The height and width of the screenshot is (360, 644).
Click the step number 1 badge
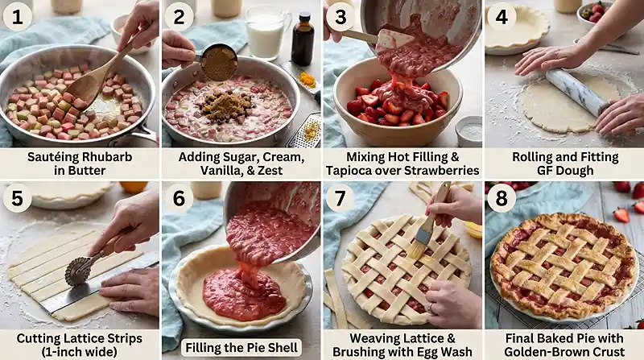tap(17, 17)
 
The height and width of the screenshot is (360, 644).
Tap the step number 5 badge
tap(17, 198)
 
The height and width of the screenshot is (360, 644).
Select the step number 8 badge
tap(502, 198)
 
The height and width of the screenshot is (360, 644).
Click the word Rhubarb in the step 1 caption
tap(107, 157)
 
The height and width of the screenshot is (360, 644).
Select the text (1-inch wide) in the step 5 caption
tap(79, 352)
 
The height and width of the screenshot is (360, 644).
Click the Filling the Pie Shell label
tap(242, 348)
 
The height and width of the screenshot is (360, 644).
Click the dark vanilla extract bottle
tap(303, 39)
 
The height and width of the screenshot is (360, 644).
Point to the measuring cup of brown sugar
tap(217, 63)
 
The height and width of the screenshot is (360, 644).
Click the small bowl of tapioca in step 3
tap(469, 130)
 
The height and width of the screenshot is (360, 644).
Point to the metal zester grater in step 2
tap(304, 130)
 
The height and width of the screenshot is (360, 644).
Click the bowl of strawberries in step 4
tap(592, 14)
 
